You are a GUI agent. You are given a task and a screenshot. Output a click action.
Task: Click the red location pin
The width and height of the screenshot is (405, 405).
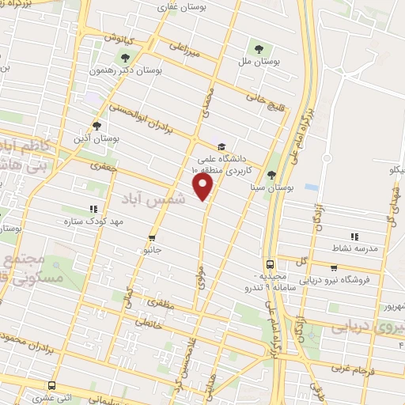point(204,185)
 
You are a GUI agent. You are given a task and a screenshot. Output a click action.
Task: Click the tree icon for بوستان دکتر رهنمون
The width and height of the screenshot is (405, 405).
point(126,56)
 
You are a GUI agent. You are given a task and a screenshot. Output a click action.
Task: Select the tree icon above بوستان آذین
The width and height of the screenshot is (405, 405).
point(97,125)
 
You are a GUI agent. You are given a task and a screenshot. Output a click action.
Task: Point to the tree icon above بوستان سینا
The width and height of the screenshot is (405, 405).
point(272,175)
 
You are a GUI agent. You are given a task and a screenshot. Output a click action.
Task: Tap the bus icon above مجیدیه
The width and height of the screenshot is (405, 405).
point(271,264)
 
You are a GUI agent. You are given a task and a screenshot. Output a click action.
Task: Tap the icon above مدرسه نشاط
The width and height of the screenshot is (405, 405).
point(355,236)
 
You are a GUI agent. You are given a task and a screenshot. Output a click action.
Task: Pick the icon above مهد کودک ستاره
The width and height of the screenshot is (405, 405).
point(94,208)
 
